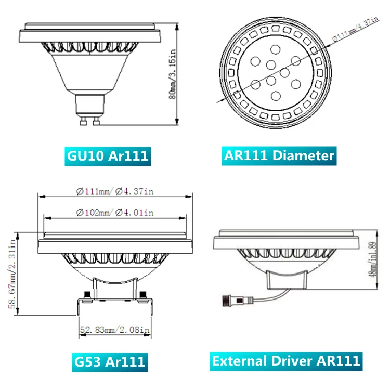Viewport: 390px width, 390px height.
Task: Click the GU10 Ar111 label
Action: (x=108, y=155)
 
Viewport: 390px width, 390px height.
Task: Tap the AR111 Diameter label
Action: (x=278, y=155)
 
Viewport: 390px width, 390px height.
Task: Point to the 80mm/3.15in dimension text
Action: (x=174, y=72)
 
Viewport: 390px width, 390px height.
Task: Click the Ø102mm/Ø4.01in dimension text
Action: (x=114, y=212)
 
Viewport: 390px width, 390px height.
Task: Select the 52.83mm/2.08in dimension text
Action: (x=114, y=330)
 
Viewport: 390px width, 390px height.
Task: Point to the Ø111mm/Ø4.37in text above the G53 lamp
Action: (x=114, y=191)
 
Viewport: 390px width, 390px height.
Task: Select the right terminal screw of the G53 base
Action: (x=144, y=296)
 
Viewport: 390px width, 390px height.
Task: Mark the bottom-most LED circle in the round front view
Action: (x=276, y=95)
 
